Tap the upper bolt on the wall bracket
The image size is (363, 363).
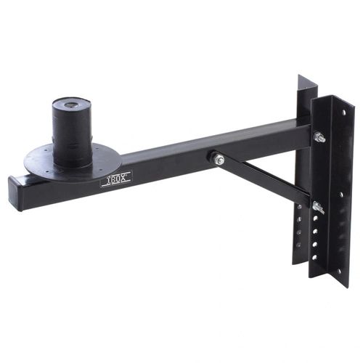318,137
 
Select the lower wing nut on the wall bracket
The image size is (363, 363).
317,210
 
